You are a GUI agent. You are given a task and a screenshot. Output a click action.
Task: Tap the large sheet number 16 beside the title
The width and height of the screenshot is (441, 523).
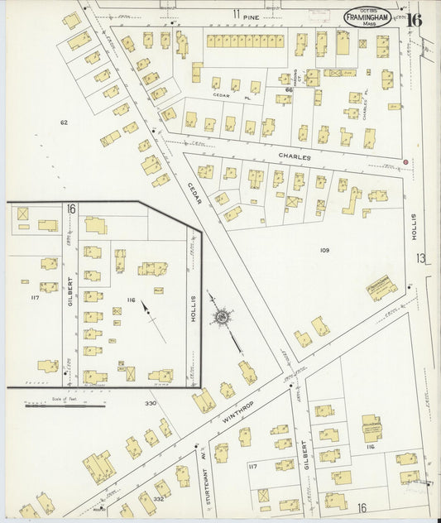click(x=413, y=20)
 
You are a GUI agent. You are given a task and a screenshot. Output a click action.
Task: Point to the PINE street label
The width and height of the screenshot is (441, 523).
click(x=252, y=15)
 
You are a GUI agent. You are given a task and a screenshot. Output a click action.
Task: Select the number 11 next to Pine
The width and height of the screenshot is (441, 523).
click(x=236, y=15)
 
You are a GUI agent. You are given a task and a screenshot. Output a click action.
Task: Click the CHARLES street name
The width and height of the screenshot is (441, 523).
click(x=295, y=156)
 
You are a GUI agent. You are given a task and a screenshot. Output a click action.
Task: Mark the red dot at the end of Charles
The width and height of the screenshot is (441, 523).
click(x=405, y=161)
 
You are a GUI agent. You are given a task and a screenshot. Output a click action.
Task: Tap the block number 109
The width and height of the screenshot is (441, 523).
click(x=324, y=249)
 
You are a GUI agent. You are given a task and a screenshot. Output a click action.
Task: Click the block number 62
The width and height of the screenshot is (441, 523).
click(x=63, y=122)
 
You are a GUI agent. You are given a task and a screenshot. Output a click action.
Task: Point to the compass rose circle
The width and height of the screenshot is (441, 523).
click(x=223, y=315)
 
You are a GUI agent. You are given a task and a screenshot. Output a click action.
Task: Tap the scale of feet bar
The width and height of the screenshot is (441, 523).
click(x=65, y=405)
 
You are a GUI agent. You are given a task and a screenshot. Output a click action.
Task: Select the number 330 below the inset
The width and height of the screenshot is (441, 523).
click(x=150, y=403)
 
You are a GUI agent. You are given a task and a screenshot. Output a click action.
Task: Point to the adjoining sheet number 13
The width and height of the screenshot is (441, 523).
click(x=421, y=259)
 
